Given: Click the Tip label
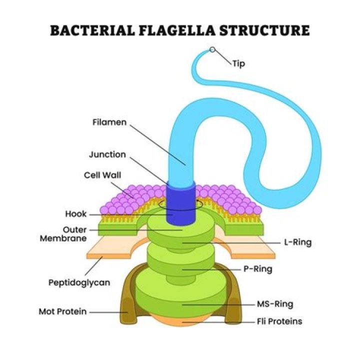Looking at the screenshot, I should coord(238,63).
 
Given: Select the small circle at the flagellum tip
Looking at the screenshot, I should coord(212,50).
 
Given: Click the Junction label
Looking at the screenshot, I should coord(107,154).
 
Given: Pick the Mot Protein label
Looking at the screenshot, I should coord(62,311).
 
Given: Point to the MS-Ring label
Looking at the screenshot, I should coord(274,303).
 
